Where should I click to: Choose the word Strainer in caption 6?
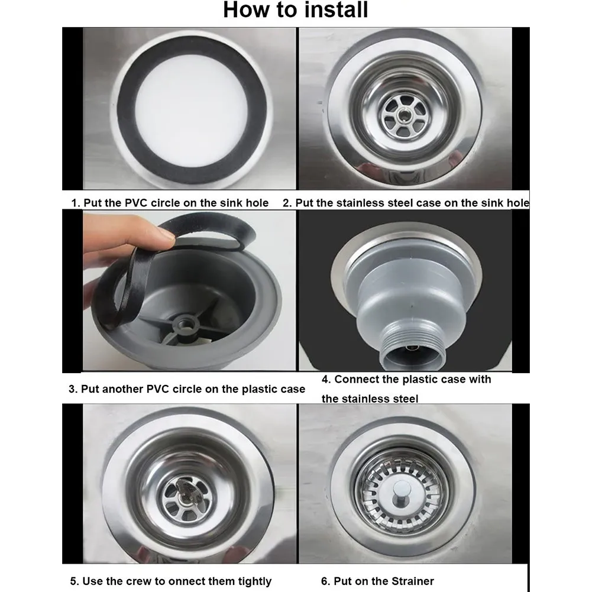pos(413,581)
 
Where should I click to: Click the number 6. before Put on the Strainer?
pos(326,581)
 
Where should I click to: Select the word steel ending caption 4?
pos(405,399)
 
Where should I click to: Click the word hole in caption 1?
pos(256,203)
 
